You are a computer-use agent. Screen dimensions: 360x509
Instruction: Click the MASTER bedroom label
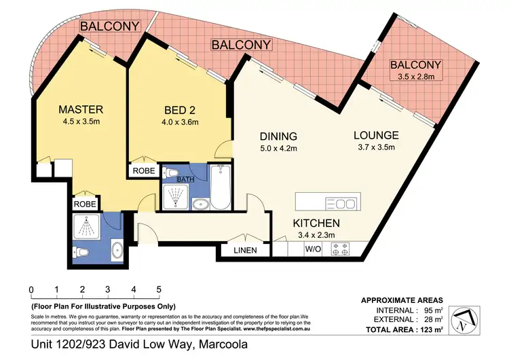(80, 109)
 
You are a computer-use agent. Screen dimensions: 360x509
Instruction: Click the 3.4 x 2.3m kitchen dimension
(316, 236)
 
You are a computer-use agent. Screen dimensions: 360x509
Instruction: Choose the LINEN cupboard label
(246, 251)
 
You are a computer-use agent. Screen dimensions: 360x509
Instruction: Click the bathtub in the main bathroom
(220, 187)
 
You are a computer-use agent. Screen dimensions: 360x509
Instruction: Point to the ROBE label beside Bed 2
(143, 171)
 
